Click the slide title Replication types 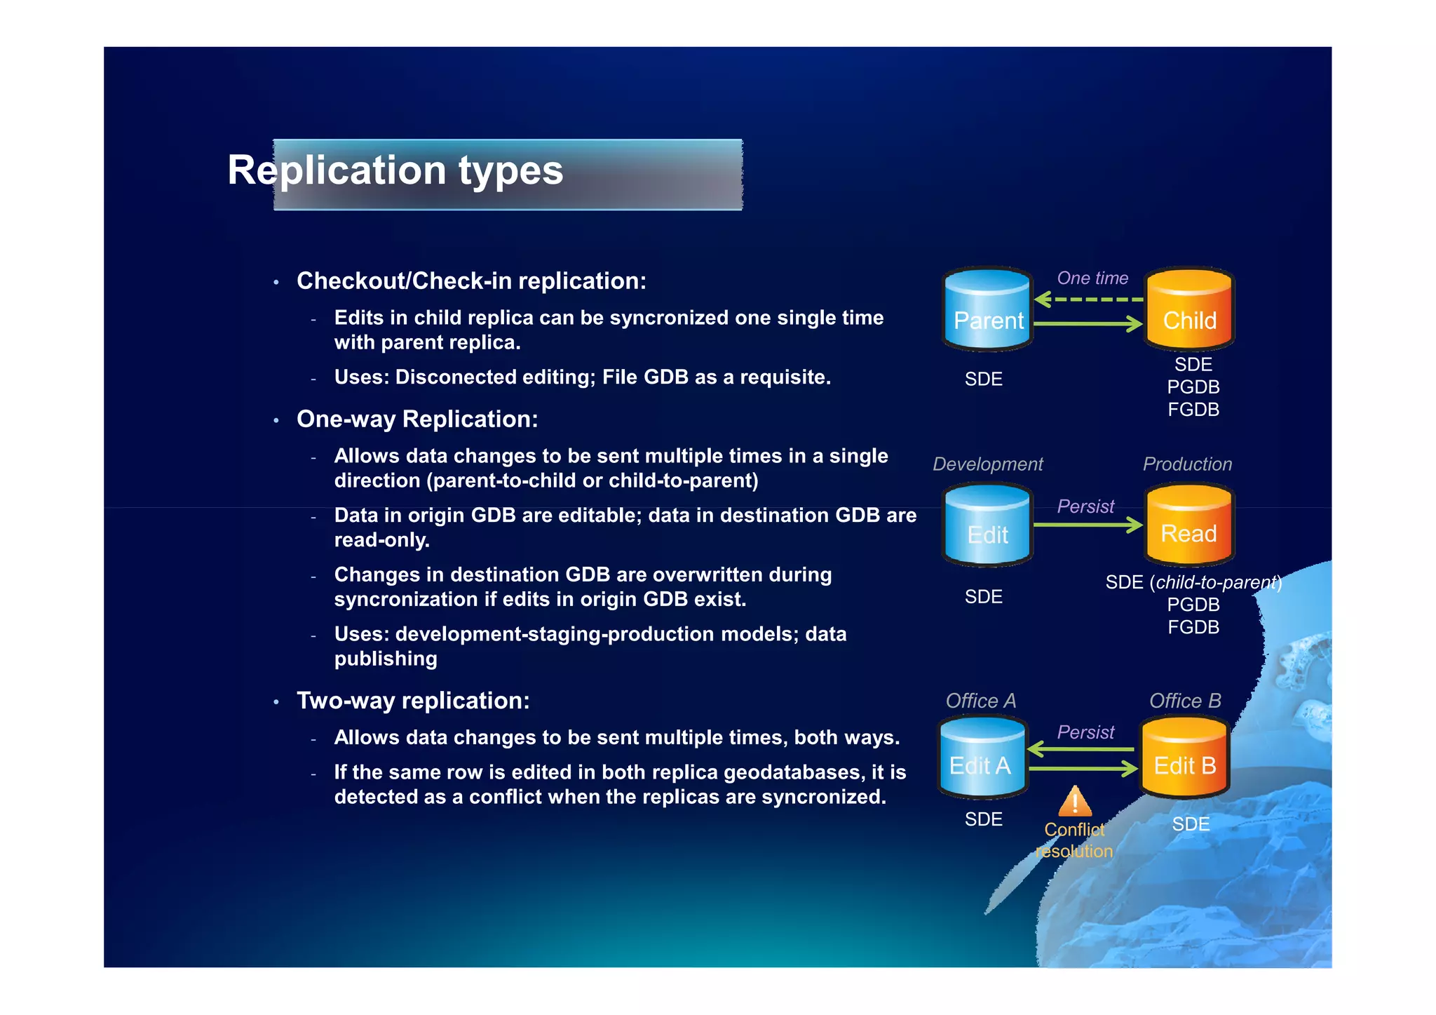coord(395,170)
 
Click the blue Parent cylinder coord(987,311)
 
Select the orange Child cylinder coord(1189,311)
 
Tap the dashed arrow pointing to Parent coord(1088,300)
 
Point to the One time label coord(1092,278)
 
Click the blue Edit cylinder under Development coord(987,526)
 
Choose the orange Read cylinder coord(1189,526)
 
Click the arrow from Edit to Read coord(1088,525)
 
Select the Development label coord(987,464)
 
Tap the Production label coord(1187,464)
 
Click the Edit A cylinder coord(982,758)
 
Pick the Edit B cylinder coord(1184,758)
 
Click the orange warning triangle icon coord(1075,802)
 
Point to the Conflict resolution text coord(1074,840)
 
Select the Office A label coord(980,701)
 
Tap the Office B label coord(1185,701)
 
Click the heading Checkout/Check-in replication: coord(471,281)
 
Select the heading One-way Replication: coord(417,419)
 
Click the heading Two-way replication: coord(413,700)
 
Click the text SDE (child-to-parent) coord(1193,582)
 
